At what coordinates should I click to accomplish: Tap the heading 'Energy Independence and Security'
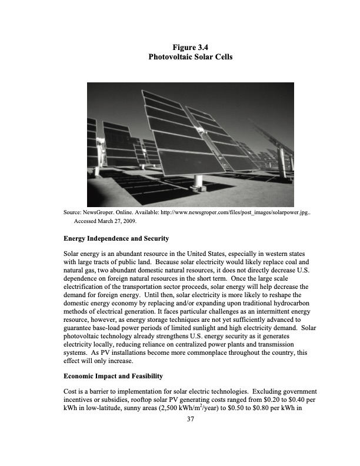tap(116, 239)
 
